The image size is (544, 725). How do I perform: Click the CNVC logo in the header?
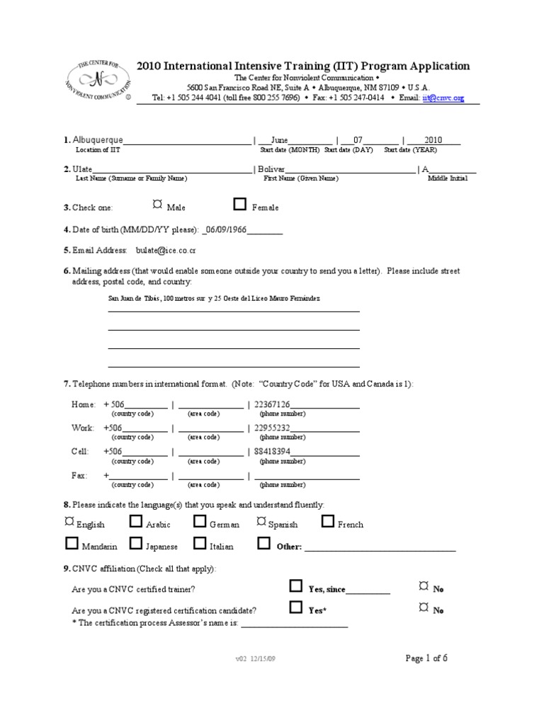coord(98,80)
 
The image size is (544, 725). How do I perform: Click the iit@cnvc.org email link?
coord(443,98)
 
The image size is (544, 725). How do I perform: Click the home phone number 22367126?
coord(272,404)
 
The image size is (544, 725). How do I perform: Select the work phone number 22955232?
coord(272,428)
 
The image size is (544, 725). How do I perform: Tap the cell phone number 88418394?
coord(272,451)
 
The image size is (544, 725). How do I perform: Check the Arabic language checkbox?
coord(136,523)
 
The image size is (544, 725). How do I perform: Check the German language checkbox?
coord(200,523)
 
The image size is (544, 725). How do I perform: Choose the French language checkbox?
coord(327,523)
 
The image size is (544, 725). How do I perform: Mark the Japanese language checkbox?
coord(136,544)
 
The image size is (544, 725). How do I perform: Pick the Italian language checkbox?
coord(200,544)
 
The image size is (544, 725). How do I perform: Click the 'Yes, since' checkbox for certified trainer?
coord(296,586)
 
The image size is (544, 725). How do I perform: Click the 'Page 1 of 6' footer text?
coord(426,658)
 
